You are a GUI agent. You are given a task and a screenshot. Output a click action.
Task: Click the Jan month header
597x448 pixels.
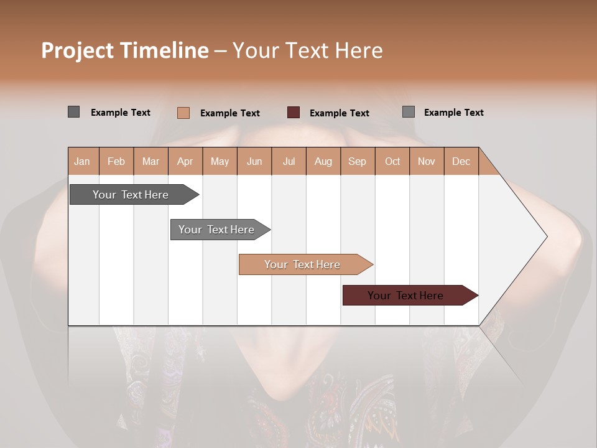(x=83, y=161)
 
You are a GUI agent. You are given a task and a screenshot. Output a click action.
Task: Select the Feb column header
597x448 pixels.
(x=116, y=161)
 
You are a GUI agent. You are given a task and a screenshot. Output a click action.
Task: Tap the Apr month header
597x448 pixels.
(x=185, y=161)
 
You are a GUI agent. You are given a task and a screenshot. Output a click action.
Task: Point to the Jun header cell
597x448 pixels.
(x=254, y=161)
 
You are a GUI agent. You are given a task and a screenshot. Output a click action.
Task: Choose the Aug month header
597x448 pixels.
(x=323, y=161)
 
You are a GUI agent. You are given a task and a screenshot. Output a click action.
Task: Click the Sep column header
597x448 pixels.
(x=358, y=161)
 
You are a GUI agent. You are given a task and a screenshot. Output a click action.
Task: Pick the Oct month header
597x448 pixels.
(x=392, y=161)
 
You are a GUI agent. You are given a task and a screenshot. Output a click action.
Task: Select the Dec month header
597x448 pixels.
(x=461, y=161)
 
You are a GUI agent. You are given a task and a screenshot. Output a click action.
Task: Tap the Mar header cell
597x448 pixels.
(x=150, y=161)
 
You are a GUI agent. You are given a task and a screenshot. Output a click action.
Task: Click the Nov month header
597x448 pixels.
(x=427, y=161)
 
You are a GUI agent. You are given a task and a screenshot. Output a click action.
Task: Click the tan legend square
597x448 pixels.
(x=183, y=113)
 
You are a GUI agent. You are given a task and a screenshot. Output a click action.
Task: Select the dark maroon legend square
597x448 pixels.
(x=294, y=113)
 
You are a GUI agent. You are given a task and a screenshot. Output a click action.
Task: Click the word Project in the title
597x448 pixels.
(x=76, y=50)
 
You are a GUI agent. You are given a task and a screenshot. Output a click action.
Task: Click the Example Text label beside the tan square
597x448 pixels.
(x=230, y=113)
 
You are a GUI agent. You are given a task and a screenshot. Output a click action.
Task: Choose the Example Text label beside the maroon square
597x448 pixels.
(x=340, y=113)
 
